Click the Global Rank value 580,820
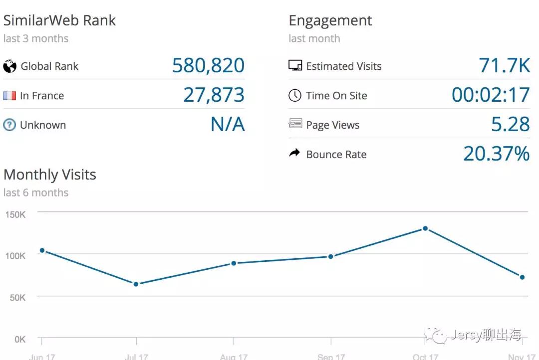pos(208,66)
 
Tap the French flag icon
pos(9,96)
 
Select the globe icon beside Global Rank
pos(9,66)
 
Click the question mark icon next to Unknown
pos(9,125)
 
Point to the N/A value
pos(228,125)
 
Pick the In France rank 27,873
pos(214,95)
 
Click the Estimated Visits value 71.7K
pos(504,66)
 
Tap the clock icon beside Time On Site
pos(295,96)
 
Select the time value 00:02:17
pos(491,95)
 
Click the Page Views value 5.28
pos(510,125)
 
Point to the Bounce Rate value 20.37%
pos(496,154)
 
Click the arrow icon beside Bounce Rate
pos(295,154)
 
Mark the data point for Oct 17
pos(425,228)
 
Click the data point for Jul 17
pos(136,284)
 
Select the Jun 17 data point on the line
pos(42,250)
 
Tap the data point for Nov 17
pos(522,277)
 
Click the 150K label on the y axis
pos(15,215)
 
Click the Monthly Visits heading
pos(50,175)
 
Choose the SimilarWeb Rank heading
pos(59,21)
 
